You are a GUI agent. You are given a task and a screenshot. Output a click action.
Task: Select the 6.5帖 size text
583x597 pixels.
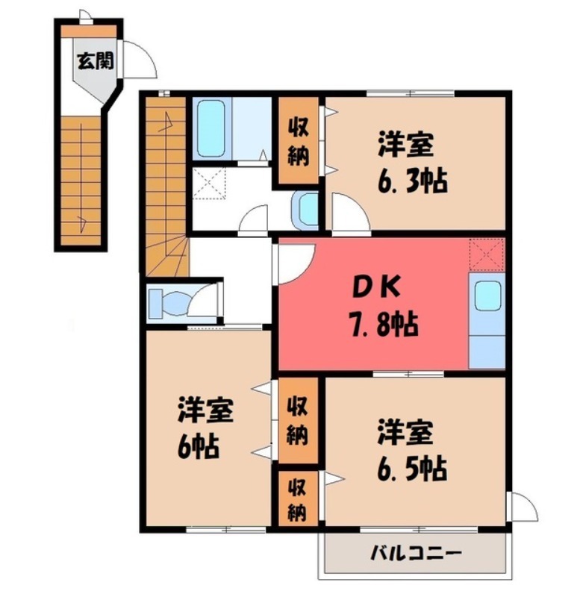point(411,469)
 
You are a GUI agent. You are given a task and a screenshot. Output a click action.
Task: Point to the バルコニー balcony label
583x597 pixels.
point(417,554)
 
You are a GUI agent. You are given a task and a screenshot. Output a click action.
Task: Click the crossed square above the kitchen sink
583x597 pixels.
point(487,254)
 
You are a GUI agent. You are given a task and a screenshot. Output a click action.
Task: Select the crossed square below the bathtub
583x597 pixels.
point(210,182)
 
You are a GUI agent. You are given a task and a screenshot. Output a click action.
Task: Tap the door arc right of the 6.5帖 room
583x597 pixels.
point(525,507)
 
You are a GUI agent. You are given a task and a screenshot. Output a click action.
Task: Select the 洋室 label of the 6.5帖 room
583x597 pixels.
point(406,433)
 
